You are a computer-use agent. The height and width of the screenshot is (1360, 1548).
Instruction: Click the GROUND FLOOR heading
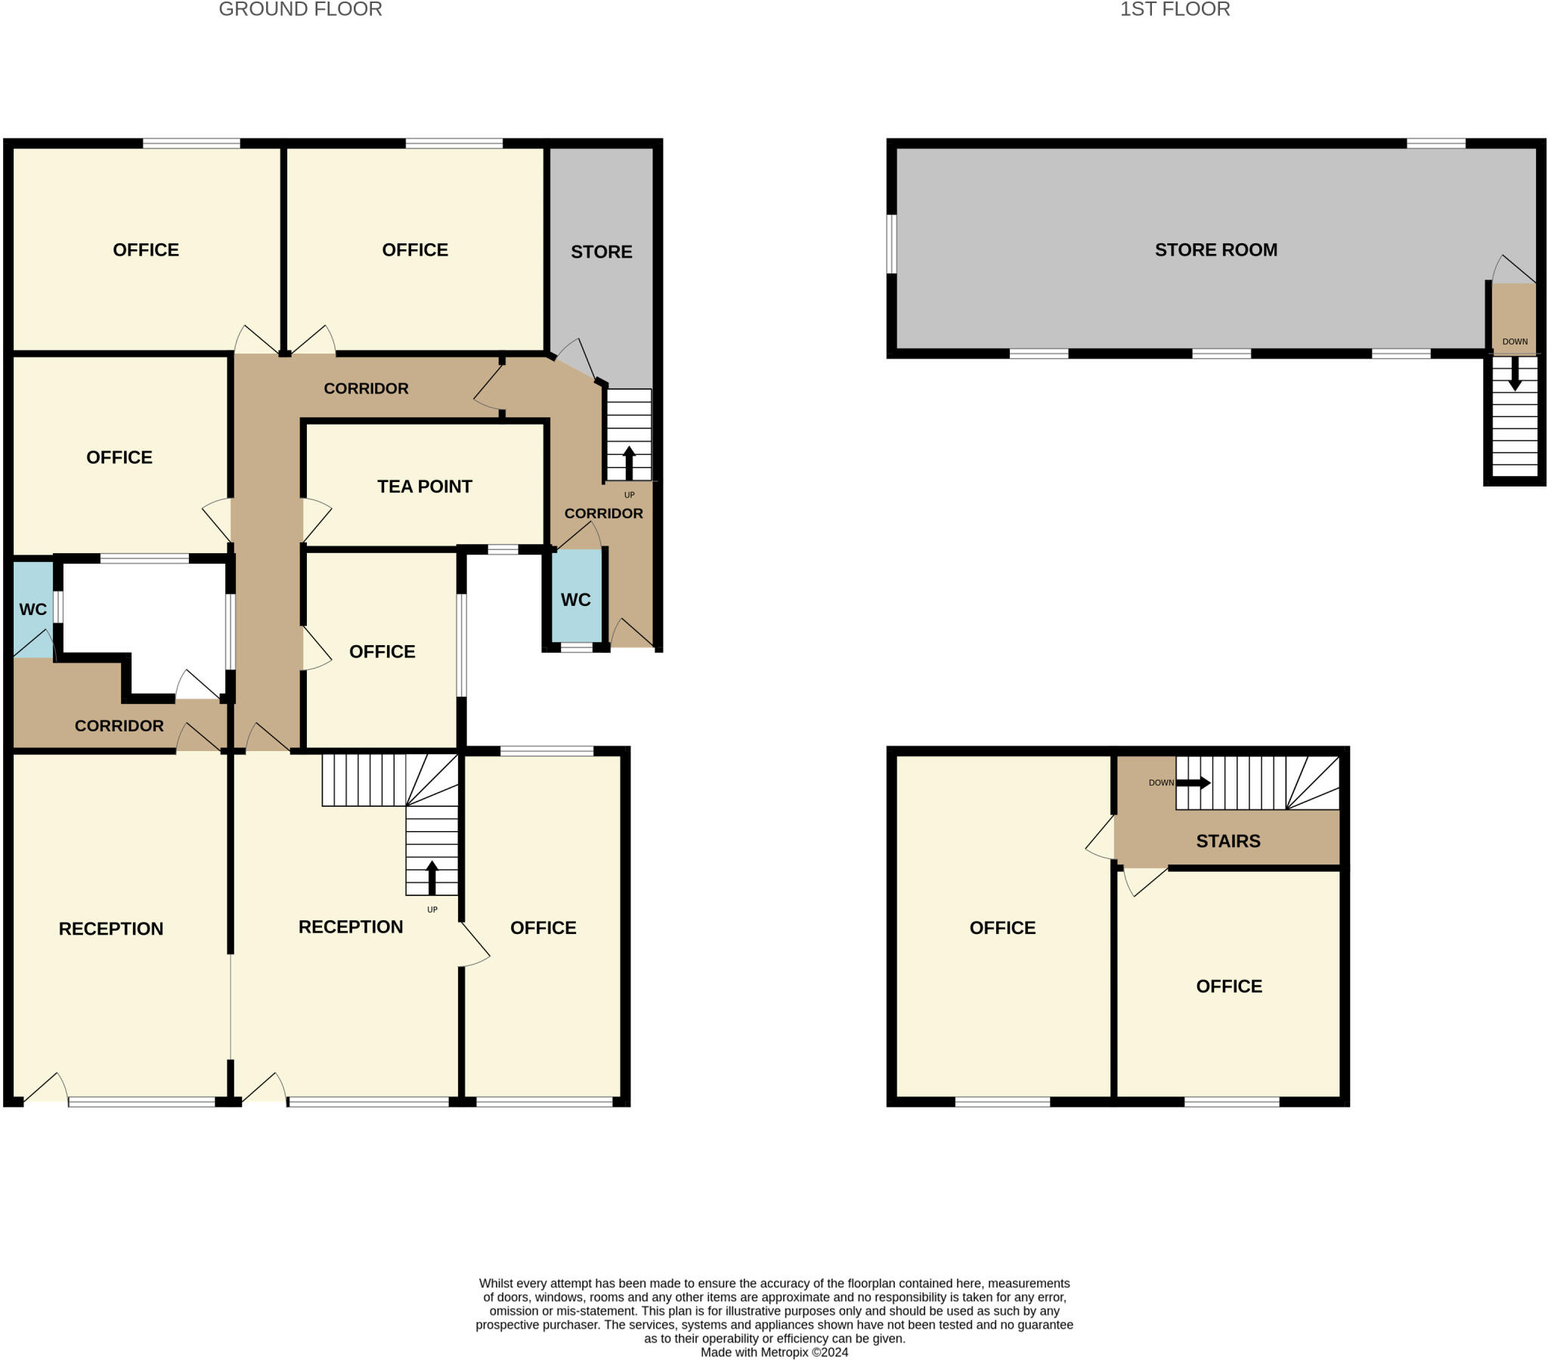pyautogui.click(x=300, y=10)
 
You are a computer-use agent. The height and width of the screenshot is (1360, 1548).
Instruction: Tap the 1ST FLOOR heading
pyautogui.click(x=1175, y=10)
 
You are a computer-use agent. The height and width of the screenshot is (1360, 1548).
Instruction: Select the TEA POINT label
pyautogui.click(x=424, y=486)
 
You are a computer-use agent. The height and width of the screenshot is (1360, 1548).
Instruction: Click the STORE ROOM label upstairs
pyautogui.click(x=1215, y=250)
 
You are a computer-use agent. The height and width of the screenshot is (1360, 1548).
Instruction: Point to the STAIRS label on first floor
pyautogui.click(x=1228, y=840)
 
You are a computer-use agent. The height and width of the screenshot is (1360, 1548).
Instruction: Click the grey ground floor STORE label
pyautogui.click(x=601, y=252)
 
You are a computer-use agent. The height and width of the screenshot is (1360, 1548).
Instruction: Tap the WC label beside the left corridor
pyautogui.click(x=33, y=609)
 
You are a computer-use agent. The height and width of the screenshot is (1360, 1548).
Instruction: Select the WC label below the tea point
pyautogui.click(x=575, y=600)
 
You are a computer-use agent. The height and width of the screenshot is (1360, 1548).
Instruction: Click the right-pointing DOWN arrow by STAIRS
pyautogui.click(x=1193, y=782)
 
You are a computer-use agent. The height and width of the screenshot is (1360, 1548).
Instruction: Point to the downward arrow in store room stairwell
pyautogui.click(x=1515, y=373)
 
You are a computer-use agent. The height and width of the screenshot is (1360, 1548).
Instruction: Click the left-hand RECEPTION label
pyautogui.click(x=110, y=929)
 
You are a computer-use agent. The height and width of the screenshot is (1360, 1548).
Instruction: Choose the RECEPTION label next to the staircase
pyautogui.click(x=350, y=927)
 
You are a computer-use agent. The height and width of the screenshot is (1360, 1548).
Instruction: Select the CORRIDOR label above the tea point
pyautogui.click(x=366, y=388)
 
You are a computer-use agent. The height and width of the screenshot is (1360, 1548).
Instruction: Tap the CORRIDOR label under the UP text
pyautogui.click(x=603, y=514)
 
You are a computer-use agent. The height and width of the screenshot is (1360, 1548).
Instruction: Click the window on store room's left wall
pyautogui.click(x=891, y=244)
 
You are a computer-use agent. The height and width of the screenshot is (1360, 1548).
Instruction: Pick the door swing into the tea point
pyautogui.click(x=316, y=521)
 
